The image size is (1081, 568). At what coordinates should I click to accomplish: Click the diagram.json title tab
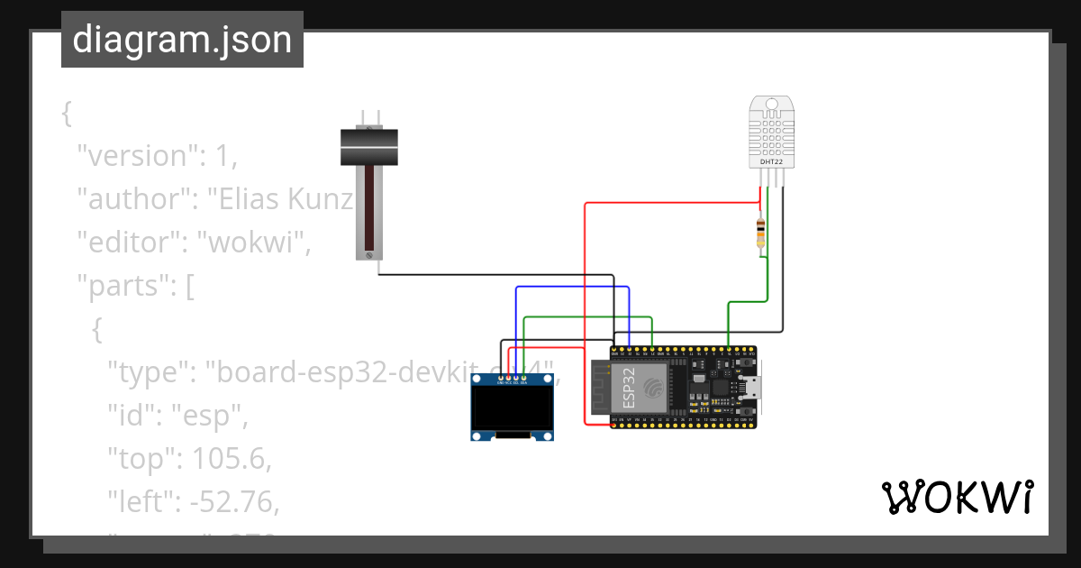click(x=182, y=40)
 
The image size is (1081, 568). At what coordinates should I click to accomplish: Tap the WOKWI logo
click(x=957, y=497)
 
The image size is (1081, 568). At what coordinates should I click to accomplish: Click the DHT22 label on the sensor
click(x=771, y=161)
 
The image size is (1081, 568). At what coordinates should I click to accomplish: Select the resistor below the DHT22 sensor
click(x=762, y=234)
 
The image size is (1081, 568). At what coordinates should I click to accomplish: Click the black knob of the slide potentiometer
click(x=369, y=147)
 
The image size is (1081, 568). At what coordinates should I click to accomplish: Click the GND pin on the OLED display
click(x=501, y=378)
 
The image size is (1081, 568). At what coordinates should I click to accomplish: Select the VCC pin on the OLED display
click(x=509, y=378)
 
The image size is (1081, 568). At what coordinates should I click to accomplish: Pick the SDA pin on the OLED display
click(x=524, y=378)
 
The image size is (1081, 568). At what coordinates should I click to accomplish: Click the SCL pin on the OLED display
click(x=516, y=378)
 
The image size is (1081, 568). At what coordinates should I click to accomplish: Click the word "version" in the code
click(x=136, y=156)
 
